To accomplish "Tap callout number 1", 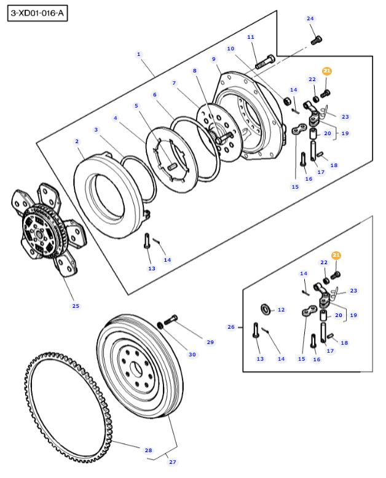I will (139, 54).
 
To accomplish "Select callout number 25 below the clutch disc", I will (76, 305).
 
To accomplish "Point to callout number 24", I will (310, 18).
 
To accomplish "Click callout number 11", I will (251, 37).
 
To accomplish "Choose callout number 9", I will (215, 59).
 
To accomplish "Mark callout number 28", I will (148, 450).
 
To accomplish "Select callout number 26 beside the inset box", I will (231, 327).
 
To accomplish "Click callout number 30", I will (192, 355).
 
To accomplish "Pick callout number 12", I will (281, 310).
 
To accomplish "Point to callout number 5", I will (136, 106).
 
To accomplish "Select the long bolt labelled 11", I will (265, 61).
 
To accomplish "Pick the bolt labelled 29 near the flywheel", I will (171, 319).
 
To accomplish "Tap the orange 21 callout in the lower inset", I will (336, 255).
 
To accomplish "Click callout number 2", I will (77, 141).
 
